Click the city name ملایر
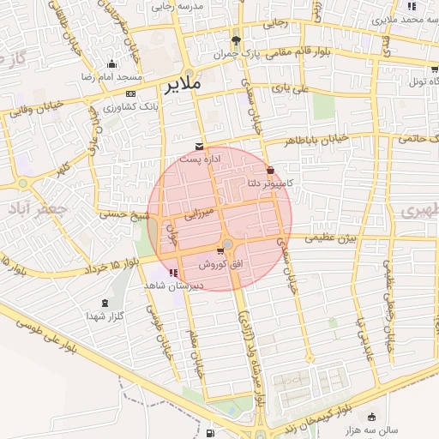(181, 84)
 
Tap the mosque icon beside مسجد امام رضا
(111, 63)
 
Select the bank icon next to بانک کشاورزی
(130, 93)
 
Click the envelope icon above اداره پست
(200, 147)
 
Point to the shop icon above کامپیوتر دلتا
(271, 171)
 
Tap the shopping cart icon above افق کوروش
(221, 251)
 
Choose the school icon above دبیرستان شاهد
(175, 273)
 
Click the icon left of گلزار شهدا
(105, 304)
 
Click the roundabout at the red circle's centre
(227, 244)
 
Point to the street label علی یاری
(289, 87)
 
